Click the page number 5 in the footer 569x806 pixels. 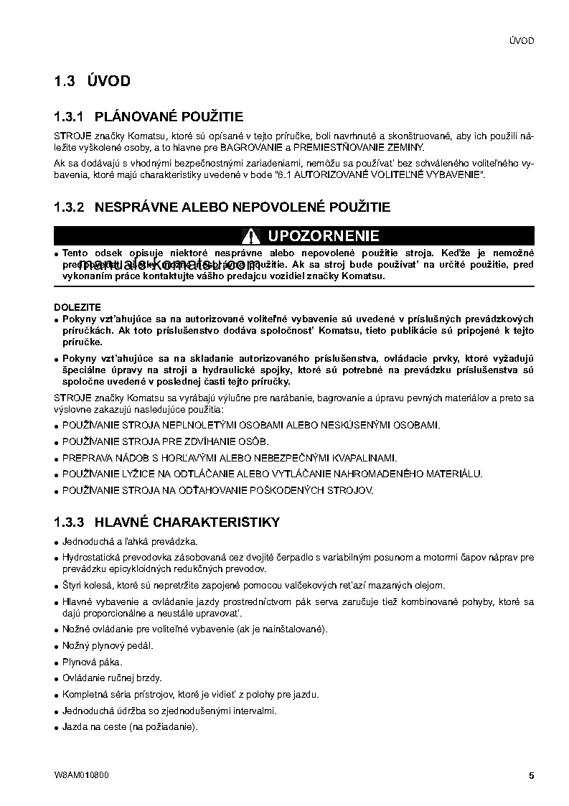531,775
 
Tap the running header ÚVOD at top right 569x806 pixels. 521,41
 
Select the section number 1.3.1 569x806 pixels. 70,116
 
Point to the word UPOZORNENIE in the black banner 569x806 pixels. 323,236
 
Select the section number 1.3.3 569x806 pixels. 70,522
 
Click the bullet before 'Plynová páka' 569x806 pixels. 57,662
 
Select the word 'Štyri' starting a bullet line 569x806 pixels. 72,585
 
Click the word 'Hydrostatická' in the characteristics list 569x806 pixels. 89,557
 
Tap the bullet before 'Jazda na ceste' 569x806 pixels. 57,728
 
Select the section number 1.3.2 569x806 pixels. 70,207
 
